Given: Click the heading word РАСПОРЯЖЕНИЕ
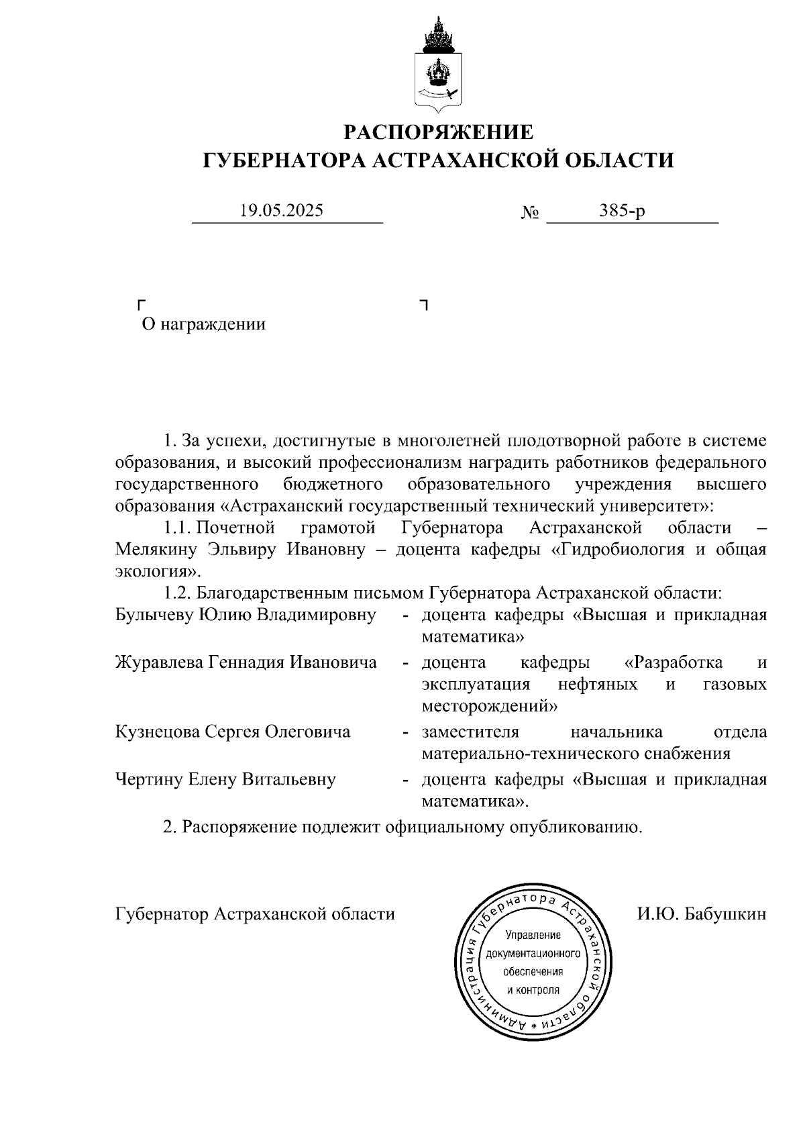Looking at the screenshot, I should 439,132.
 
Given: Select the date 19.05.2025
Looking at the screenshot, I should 282,211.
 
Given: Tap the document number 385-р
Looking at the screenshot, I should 623,211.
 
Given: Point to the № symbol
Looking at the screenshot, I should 530,213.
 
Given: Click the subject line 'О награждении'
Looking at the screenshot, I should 203,324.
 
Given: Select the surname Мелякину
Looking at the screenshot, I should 156,550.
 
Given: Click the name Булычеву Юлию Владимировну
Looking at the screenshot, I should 246,615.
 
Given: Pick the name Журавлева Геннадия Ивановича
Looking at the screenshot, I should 246,662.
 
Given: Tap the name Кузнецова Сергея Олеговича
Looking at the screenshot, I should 233,731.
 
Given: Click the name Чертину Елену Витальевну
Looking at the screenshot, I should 225,779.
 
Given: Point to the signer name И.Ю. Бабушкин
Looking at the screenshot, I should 702,913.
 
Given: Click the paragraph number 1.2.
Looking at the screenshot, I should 178,593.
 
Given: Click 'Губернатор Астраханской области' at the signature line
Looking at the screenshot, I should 255,913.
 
